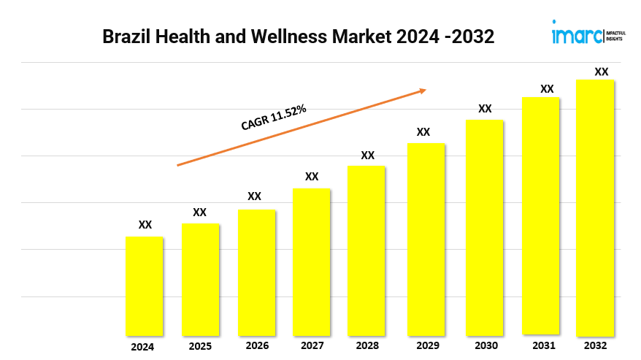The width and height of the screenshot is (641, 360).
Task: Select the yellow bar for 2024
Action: coord(145,286)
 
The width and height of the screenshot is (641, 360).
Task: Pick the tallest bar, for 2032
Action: coord(595,207)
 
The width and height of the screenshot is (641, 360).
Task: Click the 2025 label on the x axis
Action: coord(200,345)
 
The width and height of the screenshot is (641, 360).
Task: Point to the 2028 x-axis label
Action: coord(368,345)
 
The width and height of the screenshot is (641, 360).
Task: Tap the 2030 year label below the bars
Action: coord(485,345)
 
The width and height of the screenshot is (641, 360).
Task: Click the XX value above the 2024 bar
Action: coord(145,225)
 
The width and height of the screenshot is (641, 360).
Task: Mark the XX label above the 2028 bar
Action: coord(368,156)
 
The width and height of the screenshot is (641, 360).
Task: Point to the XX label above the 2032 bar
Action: coord(602,72)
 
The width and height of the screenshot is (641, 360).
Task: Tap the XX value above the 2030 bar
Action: coord(485,109)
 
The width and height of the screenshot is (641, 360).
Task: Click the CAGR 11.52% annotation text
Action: coord(274,118)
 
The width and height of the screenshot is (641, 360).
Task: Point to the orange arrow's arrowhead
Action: coord(423,91)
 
